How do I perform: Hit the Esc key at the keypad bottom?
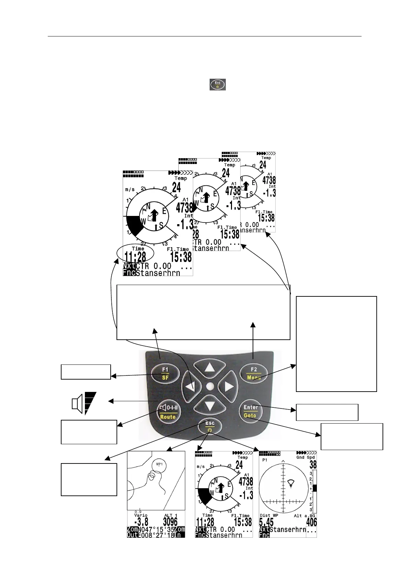[x=210, y=426]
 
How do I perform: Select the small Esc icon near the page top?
[x=218, y=84]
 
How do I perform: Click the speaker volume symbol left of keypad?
[x=84, y=403]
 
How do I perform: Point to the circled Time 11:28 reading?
[x=135, y=254]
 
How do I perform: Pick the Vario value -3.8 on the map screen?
[x=141, y=522]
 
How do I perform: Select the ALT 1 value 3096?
[x=170, y=522]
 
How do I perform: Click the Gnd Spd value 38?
[x=312, y=465]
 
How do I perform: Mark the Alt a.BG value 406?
[x=312, y=523]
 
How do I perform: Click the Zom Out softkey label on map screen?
[x=132, y=532]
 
